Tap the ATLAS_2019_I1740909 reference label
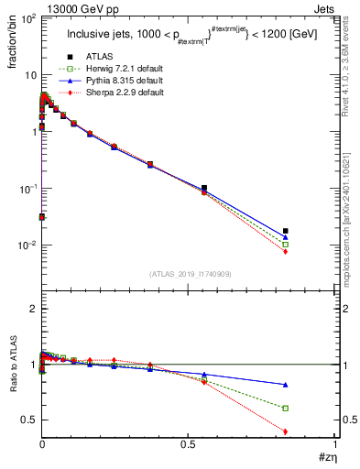pyautogui.click(x=190, y=274)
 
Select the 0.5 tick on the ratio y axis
pyautogui.click(x=29, y=420)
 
